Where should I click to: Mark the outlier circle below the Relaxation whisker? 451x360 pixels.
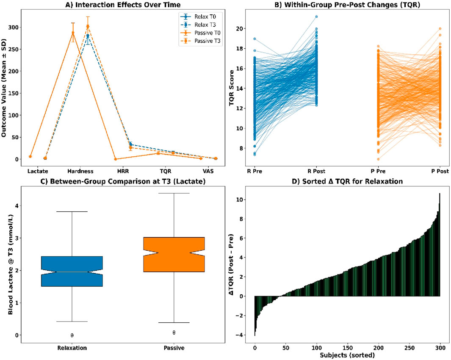point(72,335)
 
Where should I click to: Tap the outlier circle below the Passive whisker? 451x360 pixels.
point(174,332)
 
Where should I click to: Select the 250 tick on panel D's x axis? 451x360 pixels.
point(409,346)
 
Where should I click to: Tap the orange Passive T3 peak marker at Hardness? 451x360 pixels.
point(88,26)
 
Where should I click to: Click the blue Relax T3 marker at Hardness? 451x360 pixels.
point(88,36)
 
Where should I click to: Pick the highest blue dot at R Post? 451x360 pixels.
point(315,17)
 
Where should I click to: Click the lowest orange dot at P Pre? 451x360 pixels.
point(378,159)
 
